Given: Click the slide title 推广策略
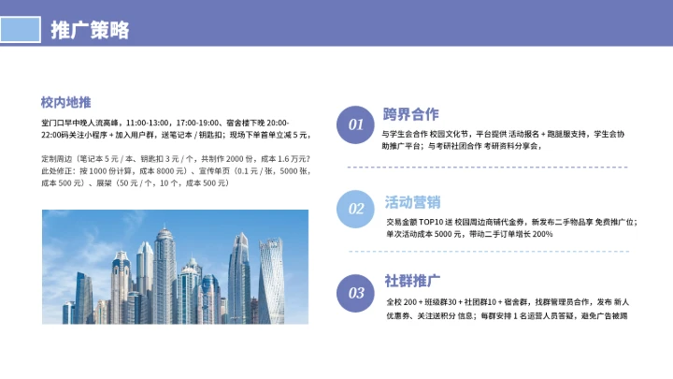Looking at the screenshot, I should tap(90, 30).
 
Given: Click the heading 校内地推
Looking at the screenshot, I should tap(65, 102).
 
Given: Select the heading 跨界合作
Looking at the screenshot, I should tap(410, 114).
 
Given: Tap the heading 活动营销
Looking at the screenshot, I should tap(412, 202).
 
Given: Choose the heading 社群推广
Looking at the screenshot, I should tap(412, 281).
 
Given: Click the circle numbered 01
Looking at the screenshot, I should tap(356, 124).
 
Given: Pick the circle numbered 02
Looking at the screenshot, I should tap(356, 209).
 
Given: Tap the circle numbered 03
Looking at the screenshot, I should tap(356, 293).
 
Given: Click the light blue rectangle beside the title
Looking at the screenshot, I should tap(23, 29).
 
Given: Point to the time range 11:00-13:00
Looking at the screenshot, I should tap(150, 123).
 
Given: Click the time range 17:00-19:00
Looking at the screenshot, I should tap(197, 123).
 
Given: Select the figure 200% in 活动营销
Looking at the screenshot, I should tap(543, 234).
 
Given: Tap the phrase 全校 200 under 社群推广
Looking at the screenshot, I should tap(404, 302).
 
